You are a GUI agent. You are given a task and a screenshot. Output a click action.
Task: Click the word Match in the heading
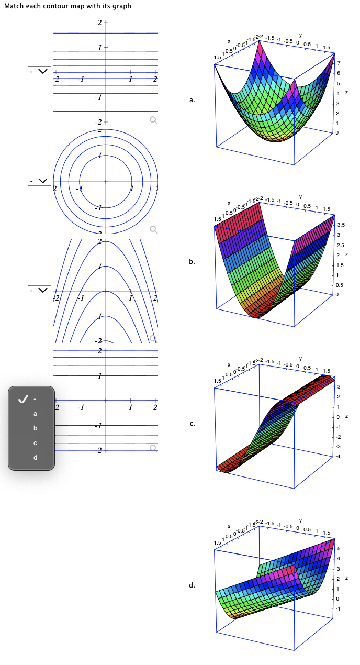tap(14, 6)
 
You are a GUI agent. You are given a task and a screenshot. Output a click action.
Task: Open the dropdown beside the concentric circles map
tap(40, 181)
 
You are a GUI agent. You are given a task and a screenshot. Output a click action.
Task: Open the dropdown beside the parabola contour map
tap(40, 290)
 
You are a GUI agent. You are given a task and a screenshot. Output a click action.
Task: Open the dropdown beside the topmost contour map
tap(40, 71)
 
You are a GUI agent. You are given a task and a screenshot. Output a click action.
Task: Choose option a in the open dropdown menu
tap(36, 414)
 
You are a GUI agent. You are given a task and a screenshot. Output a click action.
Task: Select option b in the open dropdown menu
tap(36, 428)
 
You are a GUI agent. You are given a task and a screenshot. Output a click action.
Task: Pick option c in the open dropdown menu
tap(36, 443)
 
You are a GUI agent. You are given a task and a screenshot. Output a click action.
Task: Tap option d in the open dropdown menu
tap(36, 458)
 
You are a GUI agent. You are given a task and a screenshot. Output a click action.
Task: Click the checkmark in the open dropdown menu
tap(22, 399)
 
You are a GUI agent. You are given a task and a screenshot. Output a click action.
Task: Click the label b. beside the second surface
tap(193, 261)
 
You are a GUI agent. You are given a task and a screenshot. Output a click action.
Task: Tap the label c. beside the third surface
tap(193, 424)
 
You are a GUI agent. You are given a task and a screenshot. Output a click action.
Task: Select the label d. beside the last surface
tap(193, 585)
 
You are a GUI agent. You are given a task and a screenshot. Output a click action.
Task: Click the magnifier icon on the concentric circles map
tap(153, 229)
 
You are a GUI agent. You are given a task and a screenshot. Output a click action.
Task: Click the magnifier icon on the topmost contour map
tap(153, 120)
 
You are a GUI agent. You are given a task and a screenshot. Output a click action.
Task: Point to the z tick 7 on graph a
tap(339, 63)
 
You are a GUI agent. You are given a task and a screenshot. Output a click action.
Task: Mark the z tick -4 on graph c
tap(338, 457)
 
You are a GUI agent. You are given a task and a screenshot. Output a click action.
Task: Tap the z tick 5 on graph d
tap(339, 549)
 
